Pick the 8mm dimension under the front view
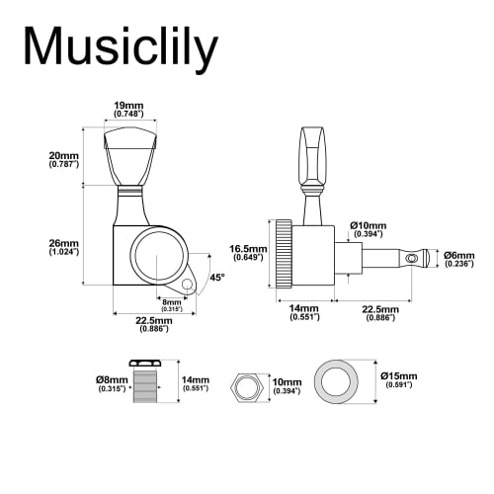pyautogui.click(x=171, y=304)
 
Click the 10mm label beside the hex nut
pyautogui.click(x=286, y=384)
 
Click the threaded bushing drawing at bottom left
pyautogui.click(x=147, y=383)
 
